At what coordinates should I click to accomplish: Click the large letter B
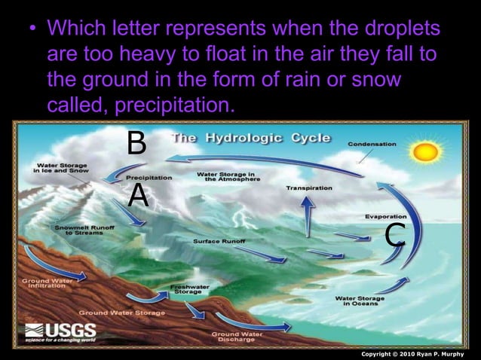[x=136, y=142]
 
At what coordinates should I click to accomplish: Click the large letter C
[x=396, y=234]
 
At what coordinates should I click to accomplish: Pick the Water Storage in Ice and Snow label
[x=63, y=167]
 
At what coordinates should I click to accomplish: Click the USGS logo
[x=61, y=332]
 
